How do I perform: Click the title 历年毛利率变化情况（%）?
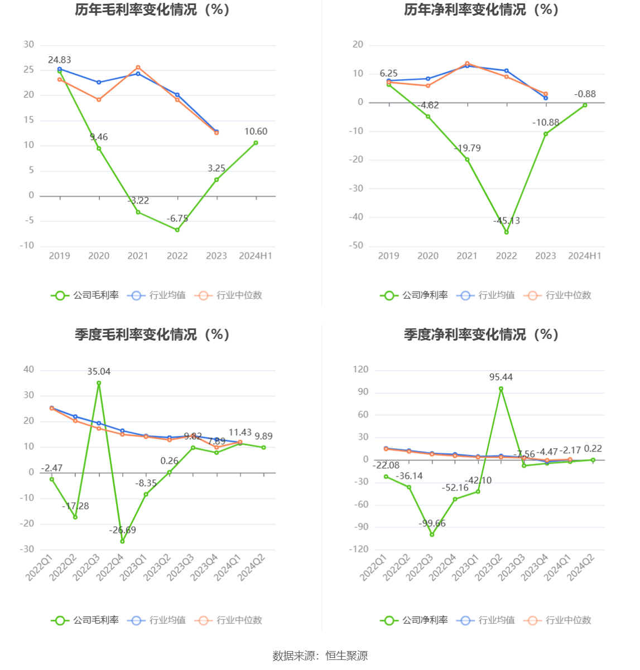[152, 10]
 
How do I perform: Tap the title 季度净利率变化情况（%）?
[481, 334]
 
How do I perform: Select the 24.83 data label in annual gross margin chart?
[60, 60]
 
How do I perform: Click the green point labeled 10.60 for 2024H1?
[256, 143]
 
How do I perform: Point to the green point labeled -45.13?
[507, 232]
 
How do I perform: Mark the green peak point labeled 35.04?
[99, 383]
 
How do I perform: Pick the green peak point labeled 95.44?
[501, 389]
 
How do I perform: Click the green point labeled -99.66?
[432, 535]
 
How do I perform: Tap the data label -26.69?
[122, 530]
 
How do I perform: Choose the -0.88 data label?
[585, 94]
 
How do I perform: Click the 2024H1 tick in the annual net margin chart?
[585, 256]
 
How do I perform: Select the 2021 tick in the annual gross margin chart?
[138, 256]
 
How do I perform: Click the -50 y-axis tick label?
[357, 246]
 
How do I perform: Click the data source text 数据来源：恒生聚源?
[320, 656]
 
